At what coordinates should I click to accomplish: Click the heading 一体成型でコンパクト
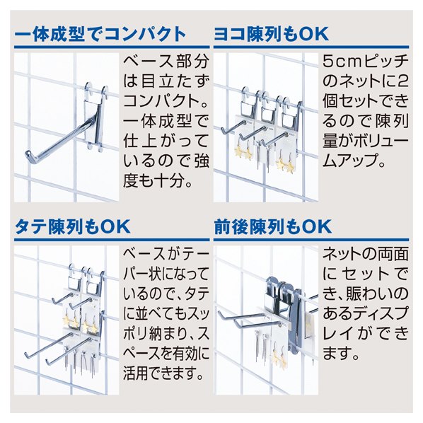pos(101,33)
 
